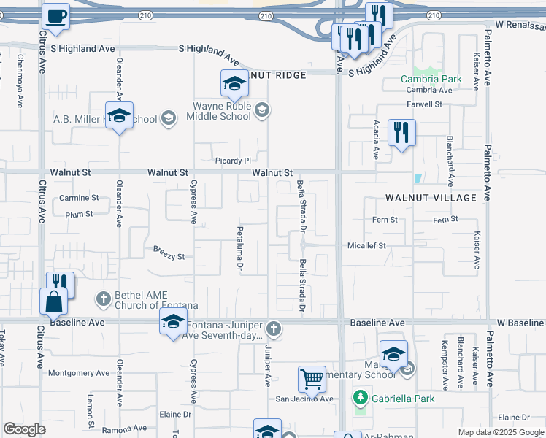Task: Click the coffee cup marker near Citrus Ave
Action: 55,16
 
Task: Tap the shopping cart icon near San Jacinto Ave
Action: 312,379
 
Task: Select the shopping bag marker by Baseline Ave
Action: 54,301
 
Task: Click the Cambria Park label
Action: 431,79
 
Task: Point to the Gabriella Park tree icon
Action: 359,398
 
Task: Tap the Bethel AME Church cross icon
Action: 104,299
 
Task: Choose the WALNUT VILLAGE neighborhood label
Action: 431,198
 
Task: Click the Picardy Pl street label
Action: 233,161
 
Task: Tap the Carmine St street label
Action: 79,198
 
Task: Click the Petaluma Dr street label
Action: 239,249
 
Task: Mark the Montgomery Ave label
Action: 77,373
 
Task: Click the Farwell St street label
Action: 426,104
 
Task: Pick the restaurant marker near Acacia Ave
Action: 401,132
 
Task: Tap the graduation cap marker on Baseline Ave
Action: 173,321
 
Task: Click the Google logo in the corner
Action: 24,429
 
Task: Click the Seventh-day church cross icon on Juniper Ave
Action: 274,328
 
